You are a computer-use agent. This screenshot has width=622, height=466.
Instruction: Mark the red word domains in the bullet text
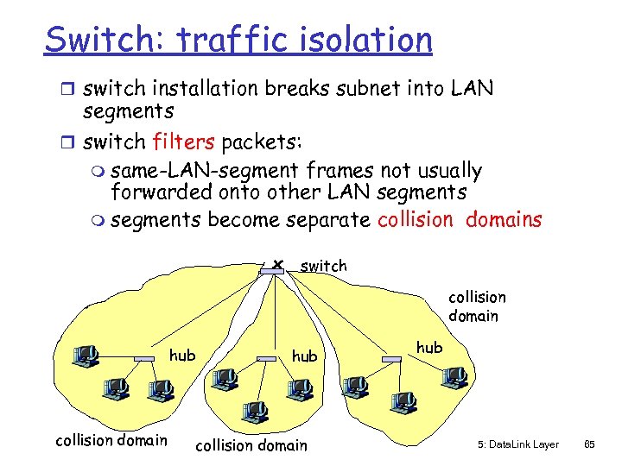coord(504,219)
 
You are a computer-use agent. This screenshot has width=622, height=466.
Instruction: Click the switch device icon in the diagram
coord(270,271)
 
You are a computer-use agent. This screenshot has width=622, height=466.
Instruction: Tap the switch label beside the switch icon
coord(323,267)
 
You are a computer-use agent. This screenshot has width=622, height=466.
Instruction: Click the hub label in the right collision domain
coord(429,347)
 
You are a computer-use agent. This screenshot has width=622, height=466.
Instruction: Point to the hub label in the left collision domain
coord(182,355)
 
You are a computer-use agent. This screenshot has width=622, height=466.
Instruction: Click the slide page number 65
coord(590,444)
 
